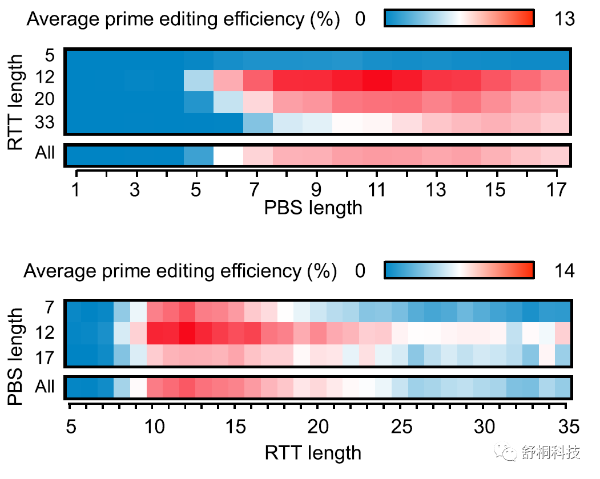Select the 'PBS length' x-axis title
pyautogui.click(x=313, y=208)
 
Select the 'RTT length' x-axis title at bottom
pyautogui.click(x=313, y=453)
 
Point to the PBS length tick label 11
pyautogui.click(x=377, y=190)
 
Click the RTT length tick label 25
pyautogui.click(x=400, y=427)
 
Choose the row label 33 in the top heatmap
pyautogui.click(x=44, y=123)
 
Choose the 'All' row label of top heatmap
pyautogui.click(x=44, y=153)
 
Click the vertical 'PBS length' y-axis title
pyautogui.click(x=17, y=356)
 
